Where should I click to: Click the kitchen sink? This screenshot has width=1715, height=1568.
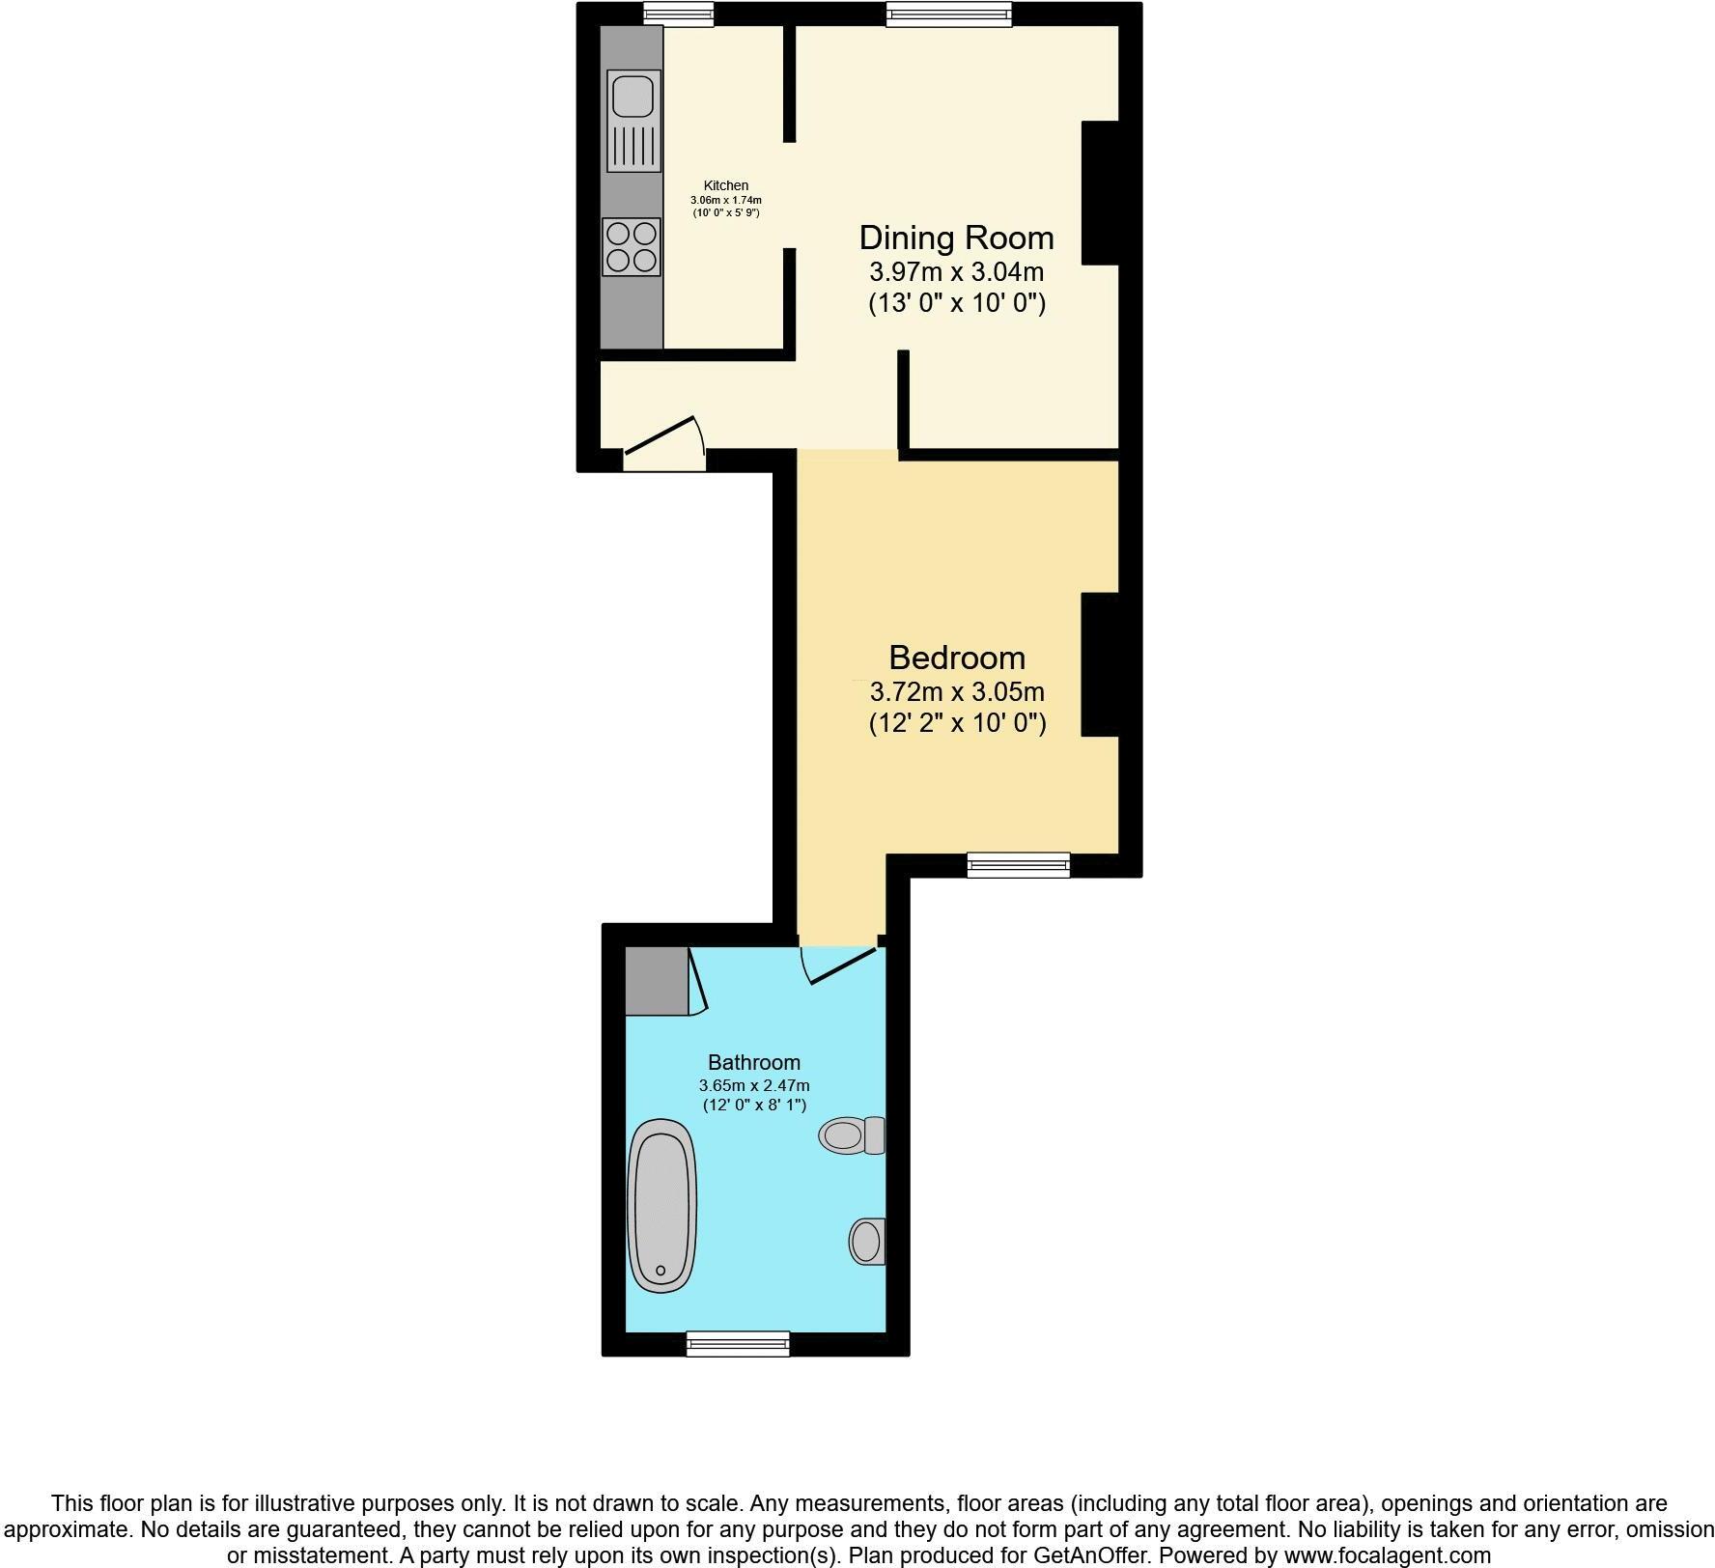click(633, 121)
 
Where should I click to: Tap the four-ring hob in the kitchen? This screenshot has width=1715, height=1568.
click(632, 246)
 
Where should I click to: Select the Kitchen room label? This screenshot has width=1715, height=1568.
click(726, 185)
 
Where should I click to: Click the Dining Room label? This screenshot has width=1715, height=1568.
click(956, 238)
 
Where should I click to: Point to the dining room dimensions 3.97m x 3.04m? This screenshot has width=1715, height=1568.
click(956, 271)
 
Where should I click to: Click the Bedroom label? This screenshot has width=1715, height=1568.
click(957, 658)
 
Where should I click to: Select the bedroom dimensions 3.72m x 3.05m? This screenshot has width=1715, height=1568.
click(957, 691)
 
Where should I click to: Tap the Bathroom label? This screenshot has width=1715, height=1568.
click(754, 1063)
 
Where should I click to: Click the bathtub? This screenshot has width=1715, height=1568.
click(661, 1206)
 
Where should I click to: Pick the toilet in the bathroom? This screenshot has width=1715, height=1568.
click(852, 1134)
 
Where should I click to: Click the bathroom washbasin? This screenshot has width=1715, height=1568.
click(867, 1241)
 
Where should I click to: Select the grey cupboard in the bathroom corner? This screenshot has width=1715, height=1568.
click(657, 981)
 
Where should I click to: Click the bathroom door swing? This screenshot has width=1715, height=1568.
click(835, 966)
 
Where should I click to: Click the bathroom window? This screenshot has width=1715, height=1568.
click(738, 1343)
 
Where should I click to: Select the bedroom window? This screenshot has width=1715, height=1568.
click(1019, 864)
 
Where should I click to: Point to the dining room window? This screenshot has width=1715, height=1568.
click(949, 14)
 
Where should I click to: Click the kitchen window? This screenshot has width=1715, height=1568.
click(679, 14)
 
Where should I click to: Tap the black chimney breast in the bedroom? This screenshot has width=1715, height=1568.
click(1100, 665)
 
